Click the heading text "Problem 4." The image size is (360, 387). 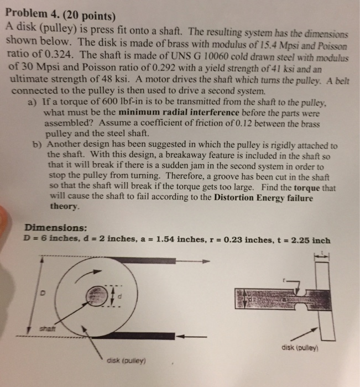30,12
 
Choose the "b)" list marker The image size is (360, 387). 38,145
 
